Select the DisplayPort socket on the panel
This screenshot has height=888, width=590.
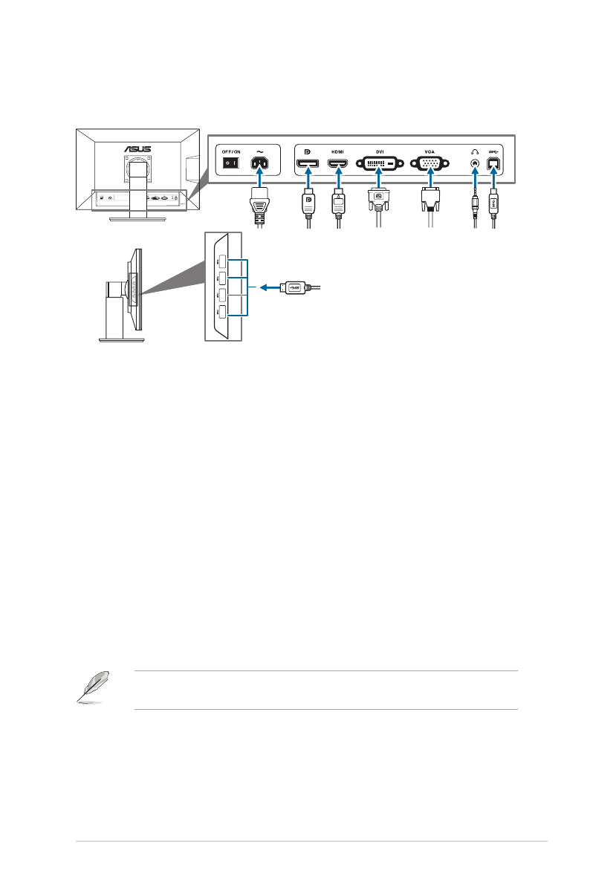[306, 164]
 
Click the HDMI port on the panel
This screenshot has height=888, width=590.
[338, 164]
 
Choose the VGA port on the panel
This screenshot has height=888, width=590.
[429, 164]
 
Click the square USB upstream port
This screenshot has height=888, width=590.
[493, 164]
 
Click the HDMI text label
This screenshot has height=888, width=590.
[338, 150]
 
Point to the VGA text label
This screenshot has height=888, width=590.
[429, 150]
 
